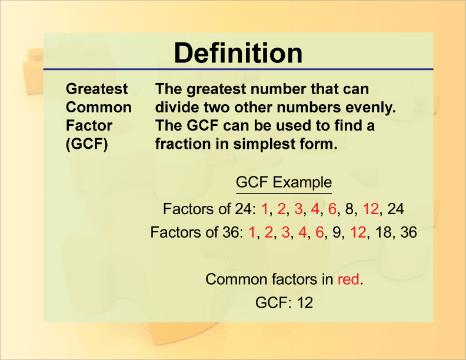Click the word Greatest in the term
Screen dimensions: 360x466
coord(96,89)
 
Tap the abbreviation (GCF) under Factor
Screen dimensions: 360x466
coord(86,144)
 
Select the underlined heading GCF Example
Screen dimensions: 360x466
coord(284,182)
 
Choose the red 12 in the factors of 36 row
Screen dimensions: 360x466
coord(358,232)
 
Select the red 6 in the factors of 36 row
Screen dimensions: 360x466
coord(320,232)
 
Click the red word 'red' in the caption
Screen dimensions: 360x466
coord(348,279)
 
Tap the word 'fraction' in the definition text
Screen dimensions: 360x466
coord(182,144)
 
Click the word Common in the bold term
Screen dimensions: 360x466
coord(98,108)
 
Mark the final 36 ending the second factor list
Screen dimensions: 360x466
coord(408,232)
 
